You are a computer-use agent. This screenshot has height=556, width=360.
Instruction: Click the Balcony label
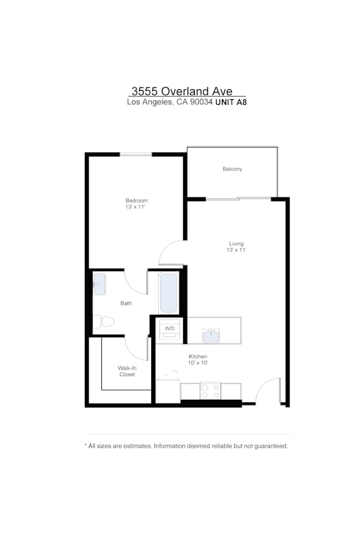point(232,169)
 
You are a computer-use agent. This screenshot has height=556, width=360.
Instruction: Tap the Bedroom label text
point(136,201)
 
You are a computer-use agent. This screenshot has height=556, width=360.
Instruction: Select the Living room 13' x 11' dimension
point(236,250)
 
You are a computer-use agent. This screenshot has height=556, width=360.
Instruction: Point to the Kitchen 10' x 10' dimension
point(198,363)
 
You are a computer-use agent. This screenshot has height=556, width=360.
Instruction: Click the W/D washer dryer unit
point(169,329)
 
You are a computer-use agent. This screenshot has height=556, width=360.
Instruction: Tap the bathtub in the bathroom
point(168,293)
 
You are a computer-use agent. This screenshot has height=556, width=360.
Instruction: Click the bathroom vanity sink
point(99,284)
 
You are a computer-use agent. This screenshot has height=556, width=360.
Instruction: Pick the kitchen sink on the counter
point(211,335)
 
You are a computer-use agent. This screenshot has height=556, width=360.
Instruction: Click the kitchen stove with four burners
point(211,390)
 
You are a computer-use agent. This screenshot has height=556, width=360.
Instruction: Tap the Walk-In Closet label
point(127,371)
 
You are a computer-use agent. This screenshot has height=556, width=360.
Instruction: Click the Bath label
point(126,303)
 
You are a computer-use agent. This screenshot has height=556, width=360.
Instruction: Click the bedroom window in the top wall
point(136,154)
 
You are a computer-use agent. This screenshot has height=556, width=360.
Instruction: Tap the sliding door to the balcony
point(238,199)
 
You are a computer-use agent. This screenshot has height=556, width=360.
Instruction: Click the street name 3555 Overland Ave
point(182,91)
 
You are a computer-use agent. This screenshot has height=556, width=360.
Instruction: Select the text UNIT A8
point(231,102)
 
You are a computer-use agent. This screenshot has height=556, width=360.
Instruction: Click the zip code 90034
point(201,102)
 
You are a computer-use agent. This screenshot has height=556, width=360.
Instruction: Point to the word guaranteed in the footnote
point(271,446)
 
